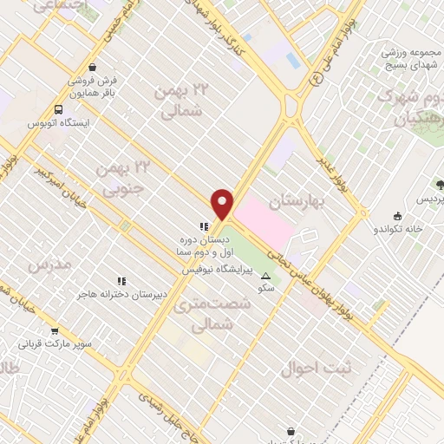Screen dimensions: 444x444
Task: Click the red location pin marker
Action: coord(223,204)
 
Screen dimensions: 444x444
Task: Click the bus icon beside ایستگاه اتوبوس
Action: coord(58,110)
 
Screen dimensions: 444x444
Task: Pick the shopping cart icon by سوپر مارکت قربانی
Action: coord(55,330)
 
